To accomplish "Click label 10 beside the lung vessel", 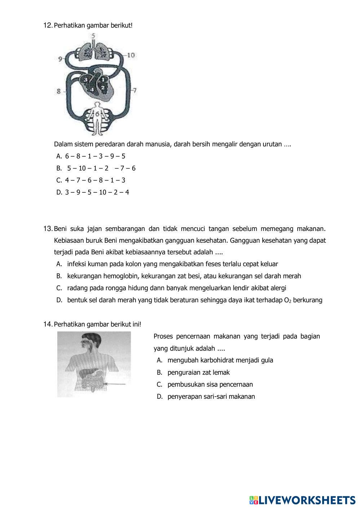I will (x=130, y=55).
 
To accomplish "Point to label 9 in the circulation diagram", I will (x=60, y=58).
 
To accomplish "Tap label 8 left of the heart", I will (x=59, y=91).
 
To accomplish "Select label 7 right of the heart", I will (x=134, y=90).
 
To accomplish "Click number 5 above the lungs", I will (x=94, y=36).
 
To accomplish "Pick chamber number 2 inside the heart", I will (x=103, y=87).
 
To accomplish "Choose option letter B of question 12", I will (x=59, y=168).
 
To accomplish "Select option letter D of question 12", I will (x=59, y=192).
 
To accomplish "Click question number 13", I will (x=48, y=229).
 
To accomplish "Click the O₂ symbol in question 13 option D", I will (x=288, y=300).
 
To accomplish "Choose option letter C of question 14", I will (x=159, y=384).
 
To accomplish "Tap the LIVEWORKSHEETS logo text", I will (x=307, y=500).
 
